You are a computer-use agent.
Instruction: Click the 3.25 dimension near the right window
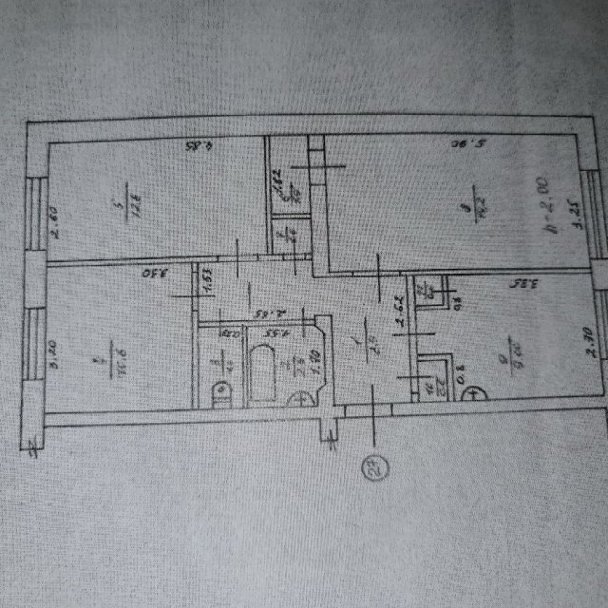pyautogui.click(x=576, y=233)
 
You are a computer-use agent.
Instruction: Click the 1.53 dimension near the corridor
pyautogui.click(x=205, y=283)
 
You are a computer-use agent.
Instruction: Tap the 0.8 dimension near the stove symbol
pyautogui.click(x=463, y=382)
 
